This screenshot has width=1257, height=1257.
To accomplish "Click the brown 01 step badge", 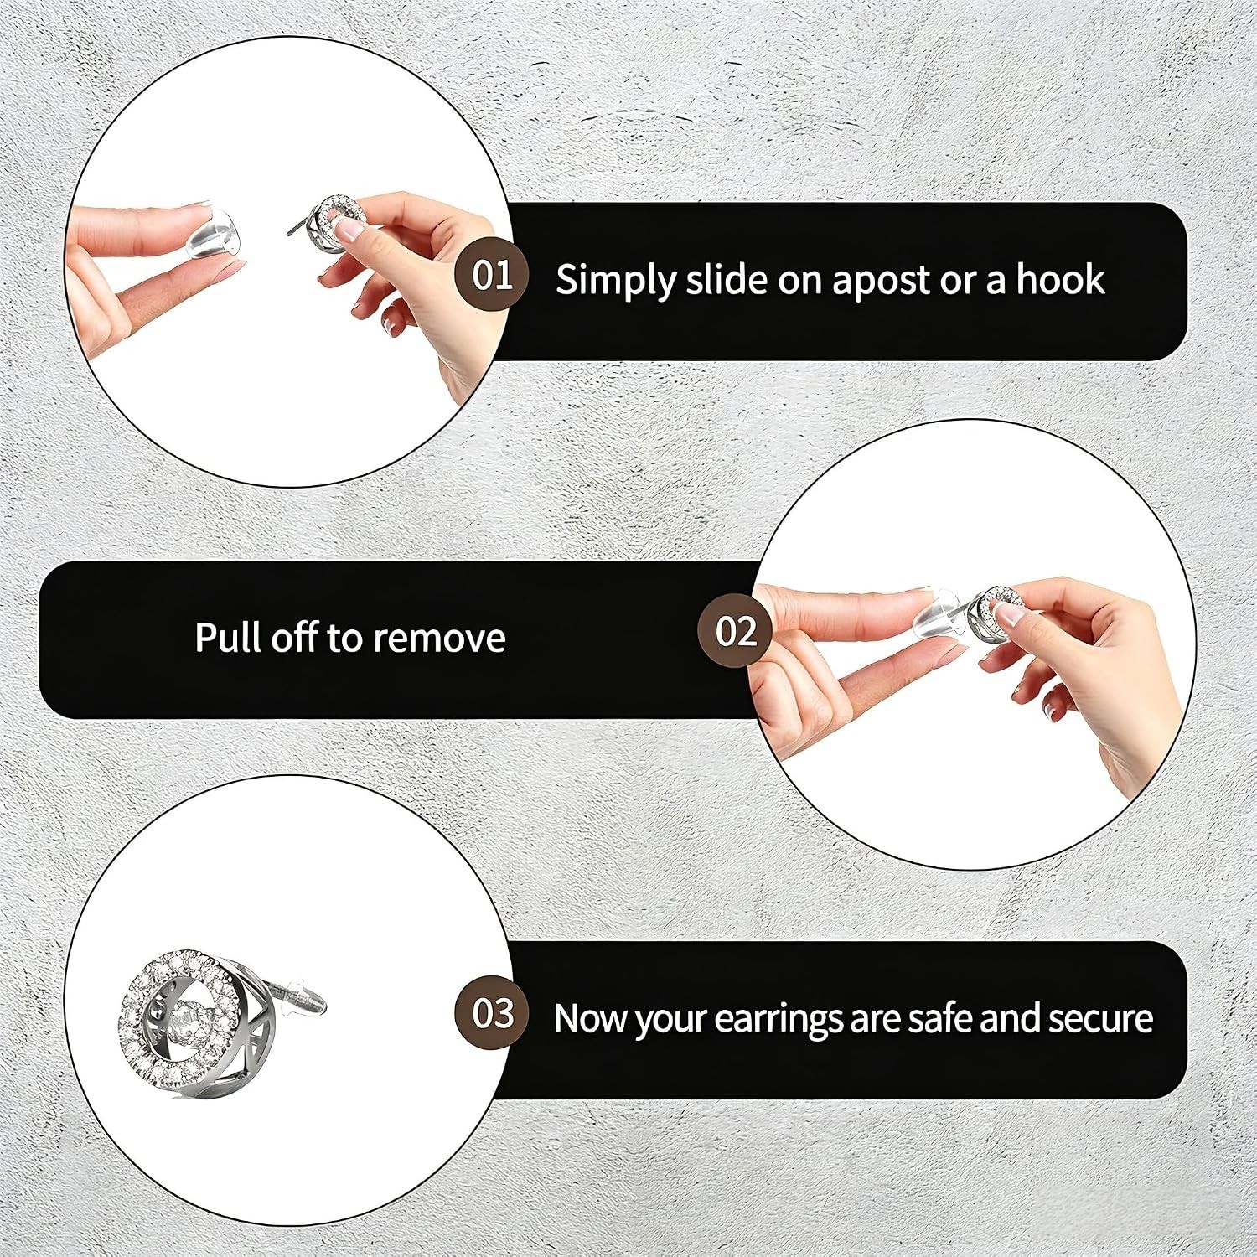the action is click(492, 274).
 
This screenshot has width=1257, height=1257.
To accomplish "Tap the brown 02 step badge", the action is click(735, 631).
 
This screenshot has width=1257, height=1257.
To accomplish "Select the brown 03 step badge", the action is click(492, 1013).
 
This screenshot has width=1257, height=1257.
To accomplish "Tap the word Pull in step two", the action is click(227, 637).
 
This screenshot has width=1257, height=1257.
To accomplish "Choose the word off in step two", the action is click(292, 636).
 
